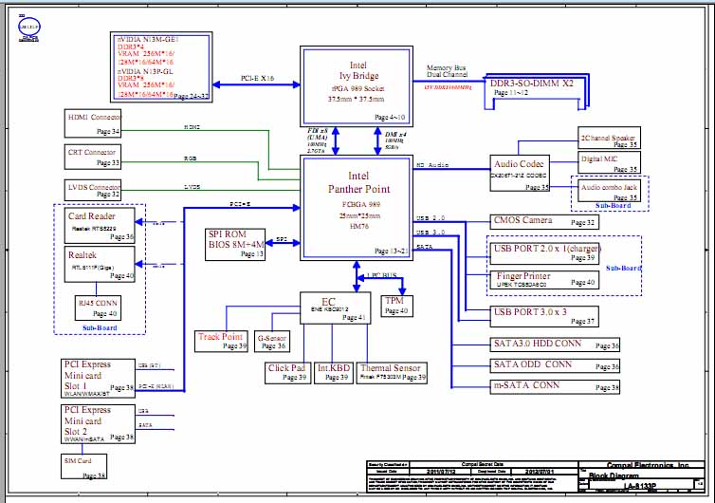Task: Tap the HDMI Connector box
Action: click(x=94, y=122)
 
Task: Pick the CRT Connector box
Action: click(x=93, y=156)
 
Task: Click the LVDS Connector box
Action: click(x=93, y=190)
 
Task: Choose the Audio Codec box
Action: click(x=520, y=172)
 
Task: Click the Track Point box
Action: click(x=221, y=341)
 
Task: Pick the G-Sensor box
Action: click(x=271, y=341)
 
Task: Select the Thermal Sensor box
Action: click(x=392, y=373)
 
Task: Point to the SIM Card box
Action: click(x=84, y=466)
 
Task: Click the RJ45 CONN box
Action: click(x=98, y=306)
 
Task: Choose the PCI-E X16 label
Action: click(x=258, y=79)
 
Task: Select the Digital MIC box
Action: click(x=610, y=162)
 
